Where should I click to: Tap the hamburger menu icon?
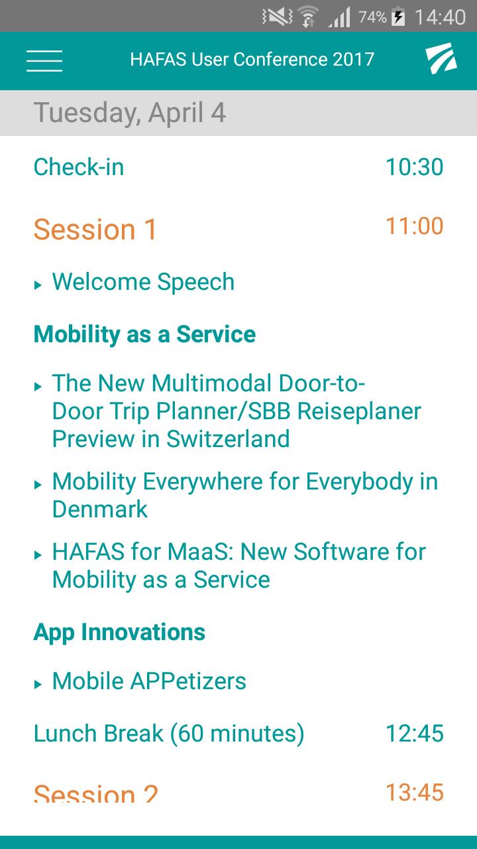point(44,60)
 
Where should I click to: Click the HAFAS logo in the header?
point(441,58)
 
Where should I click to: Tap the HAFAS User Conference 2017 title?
point(252,60)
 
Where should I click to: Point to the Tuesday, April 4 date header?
point(130,113)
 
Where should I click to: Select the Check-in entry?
point(79,166)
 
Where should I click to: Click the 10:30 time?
point(415,166)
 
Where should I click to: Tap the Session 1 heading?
point(95,229)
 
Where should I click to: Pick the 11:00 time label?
point(415,226)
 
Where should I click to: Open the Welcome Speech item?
point(143,282)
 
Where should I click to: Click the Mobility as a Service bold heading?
point(144,334)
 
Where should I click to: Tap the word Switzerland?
point(228,439)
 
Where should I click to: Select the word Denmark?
point(100,509)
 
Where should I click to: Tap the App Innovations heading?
point(119,632)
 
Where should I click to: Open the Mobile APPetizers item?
point(149,681)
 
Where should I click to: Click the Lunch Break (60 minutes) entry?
point(169,734)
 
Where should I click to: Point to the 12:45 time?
point(415,733)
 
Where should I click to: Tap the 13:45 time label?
point(415,792)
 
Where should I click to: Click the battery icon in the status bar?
point(398,17)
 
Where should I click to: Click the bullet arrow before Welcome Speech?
point(38,285)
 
